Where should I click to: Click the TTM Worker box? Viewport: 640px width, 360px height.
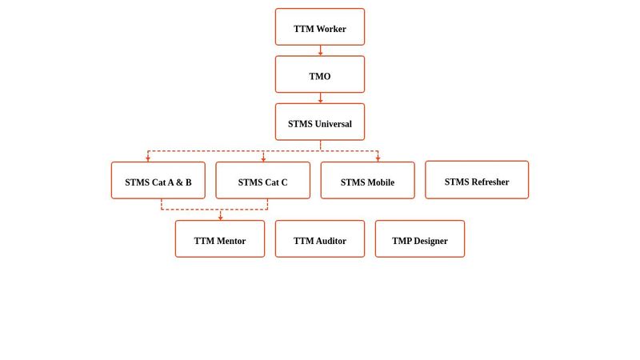(x=320, y=27)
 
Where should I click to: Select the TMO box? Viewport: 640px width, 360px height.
(x=320, y=74)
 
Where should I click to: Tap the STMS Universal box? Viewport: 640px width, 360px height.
(x=320, y=122)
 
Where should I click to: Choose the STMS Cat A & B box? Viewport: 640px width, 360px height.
(x=158, y=181)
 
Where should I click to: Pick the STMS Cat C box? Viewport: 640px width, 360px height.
(x=262, y=181)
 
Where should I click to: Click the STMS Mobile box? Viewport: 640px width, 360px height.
(x=367, y=181)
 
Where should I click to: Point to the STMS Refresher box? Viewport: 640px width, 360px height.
(x=477, y=180)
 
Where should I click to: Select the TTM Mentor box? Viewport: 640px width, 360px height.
(x=220, y=239)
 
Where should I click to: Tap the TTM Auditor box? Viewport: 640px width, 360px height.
(x=320, y=239)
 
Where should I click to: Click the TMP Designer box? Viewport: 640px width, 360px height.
(x=419, y=239)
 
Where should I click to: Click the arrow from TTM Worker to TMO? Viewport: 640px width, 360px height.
(x=320, y=50)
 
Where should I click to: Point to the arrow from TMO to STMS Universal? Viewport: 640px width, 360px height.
(x=320, y=98)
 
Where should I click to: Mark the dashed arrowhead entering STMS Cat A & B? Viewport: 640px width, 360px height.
(x=148, y=158)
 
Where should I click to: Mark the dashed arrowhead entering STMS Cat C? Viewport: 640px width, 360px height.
(x=263, y=158)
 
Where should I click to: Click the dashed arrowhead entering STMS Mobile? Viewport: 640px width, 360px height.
(x=378, y=158)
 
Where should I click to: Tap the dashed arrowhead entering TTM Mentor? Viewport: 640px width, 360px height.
(x=220, y=217)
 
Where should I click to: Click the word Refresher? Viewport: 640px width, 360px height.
(x=490, y=182)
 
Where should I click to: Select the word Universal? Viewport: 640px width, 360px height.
(x=334, y=124)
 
